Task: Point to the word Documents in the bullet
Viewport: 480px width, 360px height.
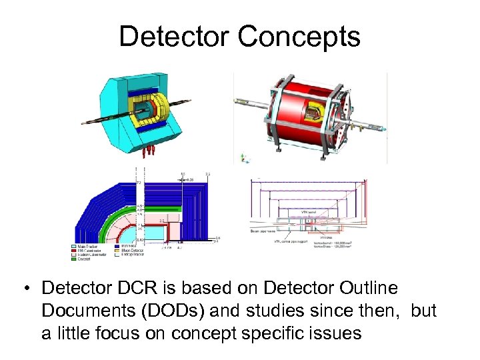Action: pyautogui.click(x=83, y=311)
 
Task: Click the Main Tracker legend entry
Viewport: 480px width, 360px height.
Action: pyautogui.click(x=89, y=247)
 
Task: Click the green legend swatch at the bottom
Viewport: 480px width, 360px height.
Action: pyautogui.click(x=75, y=260)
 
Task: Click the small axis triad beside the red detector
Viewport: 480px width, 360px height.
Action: pyautogui.click(x=243, y=157)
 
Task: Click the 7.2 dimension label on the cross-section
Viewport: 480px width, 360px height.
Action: pyautogui.click(x=139, y=181)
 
